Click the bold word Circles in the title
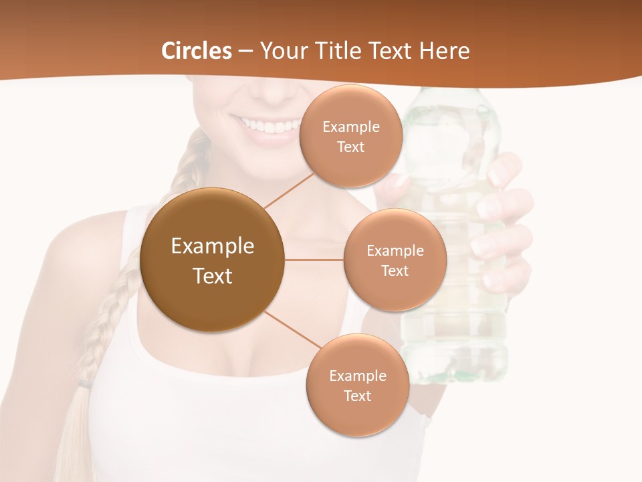point(196,51)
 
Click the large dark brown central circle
point(213,260)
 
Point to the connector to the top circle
point(289,190)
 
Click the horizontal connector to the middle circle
point(314,260)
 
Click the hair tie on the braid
point(84,384)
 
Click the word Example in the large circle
point(213,246)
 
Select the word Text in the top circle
point(350,147)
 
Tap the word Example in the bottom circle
point(357,376)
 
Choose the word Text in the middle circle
point(395,271)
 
